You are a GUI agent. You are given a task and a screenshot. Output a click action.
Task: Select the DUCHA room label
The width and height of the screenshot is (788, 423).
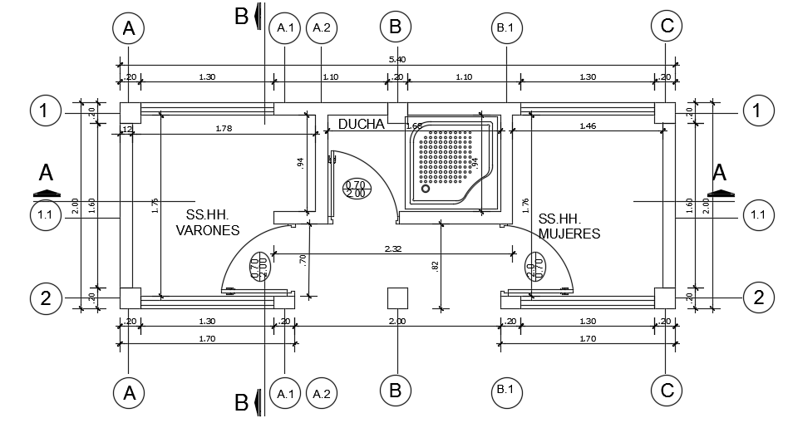(x=361, y=124)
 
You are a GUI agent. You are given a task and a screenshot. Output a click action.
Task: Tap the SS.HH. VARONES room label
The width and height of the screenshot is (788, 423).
(x=207, y=224)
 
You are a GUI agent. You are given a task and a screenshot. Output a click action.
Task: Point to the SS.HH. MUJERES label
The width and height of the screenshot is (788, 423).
(x=569, y=226)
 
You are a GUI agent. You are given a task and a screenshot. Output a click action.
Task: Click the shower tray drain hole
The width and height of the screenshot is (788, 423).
(x=426, y=189)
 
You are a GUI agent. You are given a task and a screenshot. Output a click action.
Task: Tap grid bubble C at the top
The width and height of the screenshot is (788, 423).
(x=667, y=27)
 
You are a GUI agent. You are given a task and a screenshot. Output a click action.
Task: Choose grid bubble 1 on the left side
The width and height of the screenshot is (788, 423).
(x=45, y=111)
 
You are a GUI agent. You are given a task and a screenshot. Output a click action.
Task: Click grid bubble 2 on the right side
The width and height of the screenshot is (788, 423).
(x=757, y=297)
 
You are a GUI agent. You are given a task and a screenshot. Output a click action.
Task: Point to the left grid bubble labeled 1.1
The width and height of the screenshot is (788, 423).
(x=45, y=216)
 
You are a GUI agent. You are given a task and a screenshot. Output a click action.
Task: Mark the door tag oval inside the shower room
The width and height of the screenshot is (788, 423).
(x=356, y=189)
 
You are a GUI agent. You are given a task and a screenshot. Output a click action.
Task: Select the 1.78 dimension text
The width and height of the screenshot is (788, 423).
(x=223, y=128)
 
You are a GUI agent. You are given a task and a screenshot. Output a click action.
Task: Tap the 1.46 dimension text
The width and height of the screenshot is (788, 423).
(x=587, y=125)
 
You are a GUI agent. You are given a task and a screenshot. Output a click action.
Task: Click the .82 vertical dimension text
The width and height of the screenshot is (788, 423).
(x=435, y=265)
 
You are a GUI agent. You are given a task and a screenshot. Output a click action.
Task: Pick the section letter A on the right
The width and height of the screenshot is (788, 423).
(x=720, y=173)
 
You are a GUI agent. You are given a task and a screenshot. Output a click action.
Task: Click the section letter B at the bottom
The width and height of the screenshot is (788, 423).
(x=241, y=404)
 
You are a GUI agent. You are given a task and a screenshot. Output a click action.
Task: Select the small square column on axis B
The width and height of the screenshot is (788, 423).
(x=396, y=298)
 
